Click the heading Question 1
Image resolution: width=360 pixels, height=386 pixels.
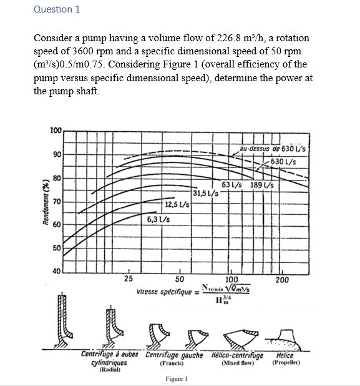(57, 9)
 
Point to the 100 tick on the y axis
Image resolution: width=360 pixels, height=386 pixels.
(56, 131)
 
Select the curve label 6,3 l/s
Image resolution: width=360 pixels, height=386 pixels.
(159, 219)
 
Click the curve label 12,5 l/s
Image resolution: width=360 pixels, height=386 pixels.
(177, 204)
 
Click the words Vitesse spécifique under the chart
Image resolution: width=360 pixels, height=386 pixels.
(167, 292)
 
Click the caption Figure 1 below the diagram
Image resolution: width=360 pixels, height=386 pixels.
(177, 379)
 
